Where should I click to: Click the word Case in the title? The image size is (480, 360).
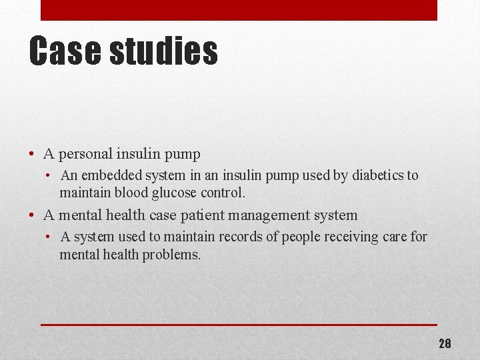coord(65,51)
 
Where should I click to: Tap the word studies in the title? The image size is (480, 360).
coord(163,51)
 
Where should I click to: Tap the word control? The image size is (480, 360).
coord(223,193)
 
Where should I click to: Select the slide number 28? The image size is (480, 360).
coord(445,344)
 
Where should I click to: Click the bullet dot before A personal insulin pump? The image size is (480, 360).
coord(32,155)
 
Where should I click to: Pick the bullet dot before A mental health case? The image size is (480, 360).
coord(32,216)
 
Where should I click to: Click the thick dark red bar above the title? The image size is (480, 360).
coord(239,10)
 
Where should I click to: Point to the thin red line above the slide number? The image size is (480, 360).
coord(239,325)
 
